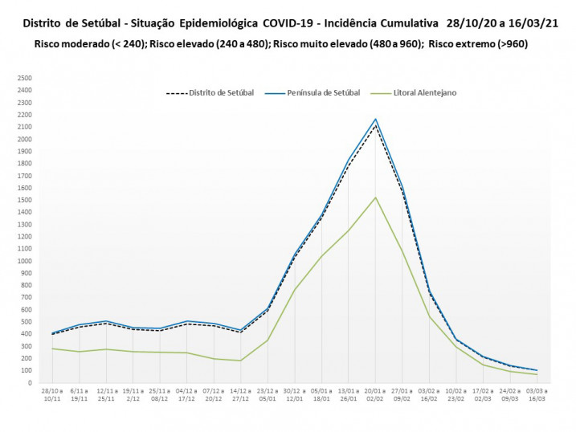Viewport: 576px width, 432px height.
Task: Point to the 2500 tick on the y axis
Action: (x=24, y=79)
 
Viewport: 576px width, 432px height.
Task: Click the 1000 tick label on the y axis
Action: (x=24, y=261)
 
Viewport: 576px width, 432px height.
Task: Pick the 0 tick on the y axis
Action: (x=29, y=383)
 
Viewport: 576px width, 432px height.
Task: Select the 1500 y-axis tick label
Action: (x=24, y=200)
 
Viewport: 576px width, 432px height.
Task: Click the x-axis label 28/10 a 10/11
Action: (x=52, y=395)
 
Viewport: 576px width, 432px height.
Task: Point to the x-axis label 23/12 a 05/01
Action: (x=268, y=395)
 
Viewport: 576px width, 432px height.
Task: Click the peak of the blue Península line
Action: (x=375, y=119)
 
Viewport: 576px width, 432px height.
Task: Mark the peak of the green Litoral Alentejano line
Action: (x=375, y=198)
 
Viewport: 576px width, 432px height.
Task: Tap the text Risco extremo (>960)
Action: (x=478, y=44)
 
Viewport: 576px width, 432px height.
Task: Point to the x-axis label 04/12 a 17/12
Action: (x=187, y=395)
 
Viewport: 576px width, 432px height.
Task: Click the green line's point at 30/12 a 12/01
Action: (x=295, y=289)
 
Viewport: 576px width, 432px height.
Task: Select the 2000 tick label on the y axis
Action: (x=24, y=139)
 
